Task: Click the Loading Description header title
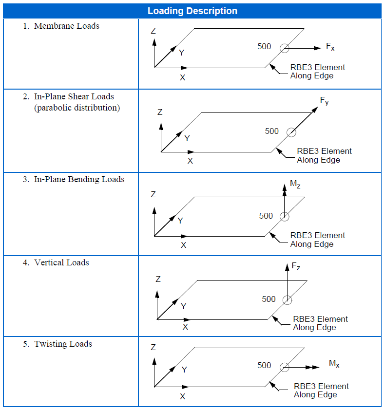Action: [x=192, y=11]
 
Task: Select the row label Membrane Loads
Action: [x=66, y=26]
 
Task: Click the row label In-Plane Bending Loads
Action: [x=79, y=179]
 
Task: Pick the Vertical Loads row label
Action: [x=61, y=262]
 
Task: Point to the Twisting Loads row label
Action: [x=63, y=344]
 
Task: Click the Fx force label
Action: [x=330, y=47]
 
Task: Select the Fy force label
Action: [x=324, y=101]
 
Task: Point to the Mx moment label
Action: [x=334, y=364]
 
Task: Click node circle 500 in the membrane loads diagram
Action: [x=284, y=48]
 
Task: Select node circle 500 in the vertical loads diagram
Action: [x=287, y=300]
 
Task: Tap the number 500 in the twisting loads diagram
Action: [x=264, y=365]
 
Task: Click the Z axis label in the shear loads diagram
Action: [x=160, y=112]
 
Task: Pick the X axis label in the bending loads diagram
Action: [x=183, y=245]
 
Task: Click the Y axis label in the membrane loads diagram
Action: [x=181, y=53]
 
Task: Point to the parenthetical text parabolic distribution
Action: [x=77, y=108]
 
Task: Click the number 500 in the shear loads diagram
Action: [x=272, y=131]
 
